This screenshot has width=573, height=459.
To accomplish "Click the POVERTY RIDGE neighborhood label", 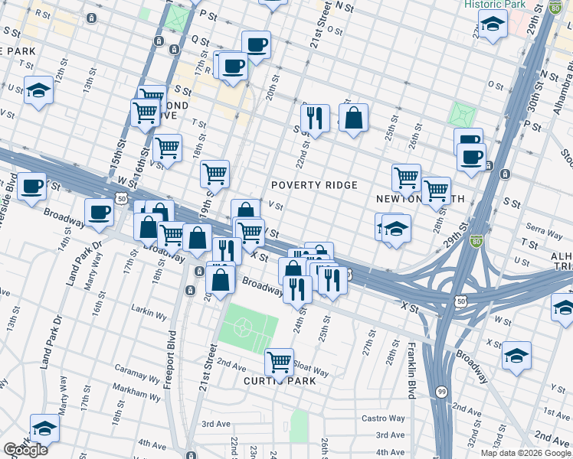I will pyautogui.click(x=314, y=186).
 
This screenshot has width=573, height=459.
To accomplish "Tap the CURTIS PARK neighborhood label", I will pyautogui.click(x=280, y=381).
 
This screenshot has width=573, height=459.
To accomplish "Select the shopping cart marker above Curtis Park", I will pyautogui.click(x=280, y=361).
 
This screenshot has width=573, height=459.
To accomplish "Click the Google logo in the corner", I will pyautogui.click(x=25, y=450).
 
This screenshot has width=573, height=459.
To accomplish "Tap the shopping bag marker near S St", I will pyautogui.click(x=353, y=119).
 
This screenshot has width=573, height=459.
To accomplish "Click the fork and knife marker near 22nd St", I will pyautogui.click(x=315, y=119).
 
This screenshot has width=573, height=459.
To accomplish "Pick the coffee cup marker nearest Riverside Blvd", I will pyautogui.click(x=31, y=187).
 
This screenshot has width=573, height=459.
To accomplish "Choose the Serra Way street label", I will pyautogui.click(x=542, y=228).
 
